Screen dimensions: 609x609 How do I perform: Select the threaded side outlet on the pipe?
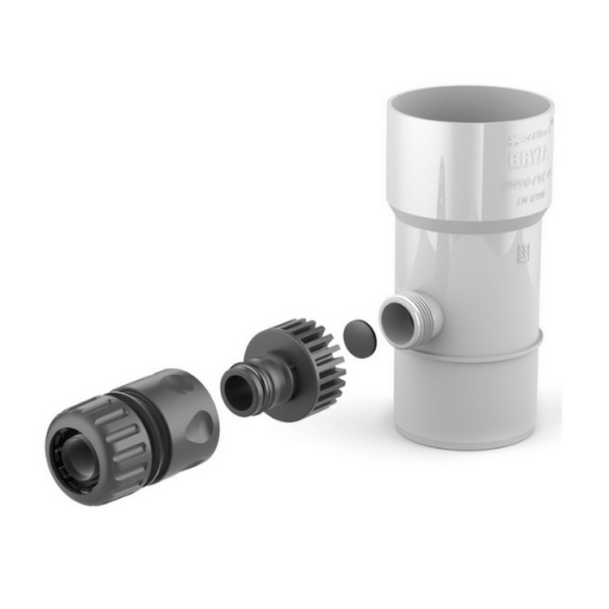coord(412,320)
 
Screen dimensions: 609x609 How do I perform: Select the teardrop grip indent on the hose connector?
coord(200,421)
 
